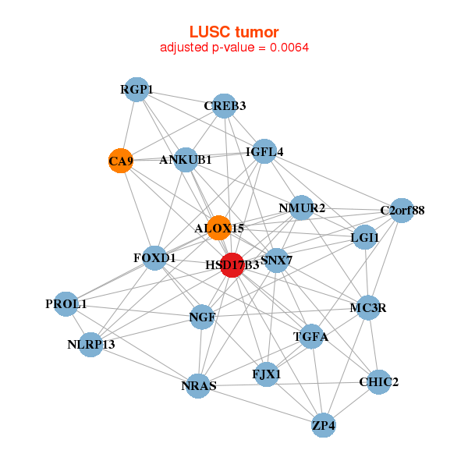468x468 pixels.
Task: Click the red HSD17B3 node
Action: point(232,264)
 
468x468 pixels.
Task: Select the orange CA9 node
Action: point(119,161)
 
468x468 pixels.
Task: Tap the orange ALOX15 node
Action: point(218,228)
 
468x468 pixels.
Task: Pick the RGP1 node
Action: point(136,90)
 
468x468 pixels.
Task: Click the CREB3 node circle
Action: point(225,106)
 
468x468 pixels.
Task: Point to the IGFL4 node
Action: point(264,151)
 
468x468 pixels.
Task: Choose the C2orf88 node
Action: point(402,210)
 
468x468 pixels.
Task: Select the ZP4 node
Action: point(324,425)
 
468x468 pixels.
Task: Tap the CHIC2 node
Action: point(378,382)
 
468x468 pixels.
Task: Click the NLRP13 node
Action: point(91,344)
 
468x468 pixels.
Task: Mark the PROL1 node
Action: point(66,303)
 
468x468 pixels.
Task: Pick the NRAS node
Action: point(198,385)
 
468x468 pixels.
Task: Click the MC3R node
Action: point(367,307)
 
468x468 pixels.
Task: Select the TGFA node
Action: point(311,337)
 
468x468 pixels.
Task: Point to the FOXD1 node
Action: point(154,257)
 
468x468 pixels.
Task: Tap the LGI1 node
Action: point(365,237)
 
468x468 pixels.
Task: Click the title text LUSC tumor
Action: point(234,32)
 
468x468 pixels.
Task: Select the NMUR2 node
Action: point(302,208)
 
